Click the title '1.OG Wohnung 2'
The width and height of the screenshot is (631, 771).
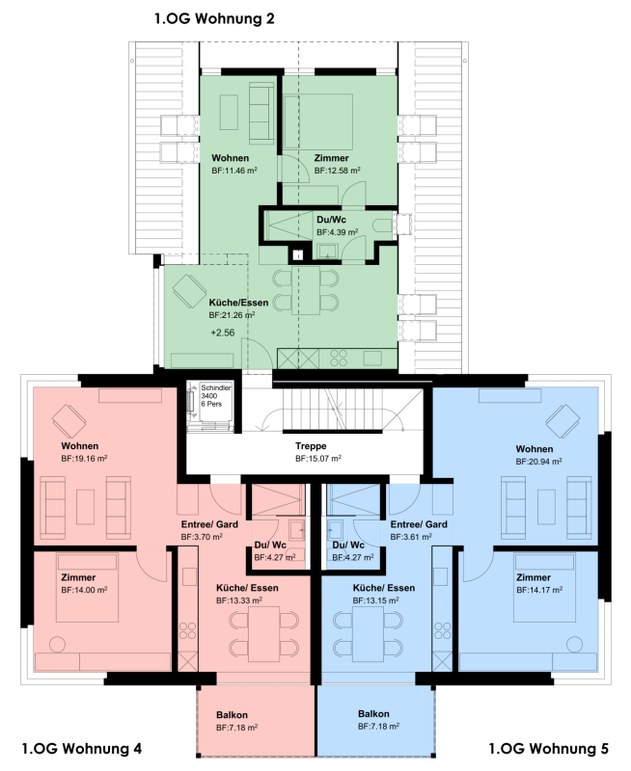[x=214, y=18]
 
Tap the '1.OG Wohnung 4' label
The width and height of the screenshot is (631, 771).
[x=82, y=749]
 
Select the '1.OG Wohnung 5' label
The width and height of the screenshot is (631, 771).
[x=548, y=749]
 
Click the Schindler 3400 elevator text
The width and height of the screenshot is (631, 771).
[x=215, y=396]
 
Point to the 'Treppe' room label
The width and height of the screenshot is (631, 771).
[x=311, y=446]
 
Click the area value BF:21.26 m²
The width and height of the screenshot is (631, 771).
[x=232, y=315]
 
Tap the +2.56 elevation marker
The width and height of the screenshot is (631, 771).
[x=223, y=332]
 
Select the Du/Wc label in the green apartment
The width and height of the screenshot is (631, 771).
[x=331, y=220]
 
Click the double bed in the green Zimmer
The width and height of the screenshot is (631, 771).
[x=319, y=121]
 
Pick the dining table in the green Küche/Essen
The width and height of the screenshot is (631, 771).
[x=306, y=290]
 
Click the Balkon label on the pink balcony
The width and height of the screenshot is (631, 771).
[x=232, y=715]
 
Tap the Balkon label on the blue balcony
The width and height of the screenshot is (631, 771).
[x=373, y=714]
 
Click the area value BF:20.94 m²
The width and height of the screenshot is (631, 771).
[x=539, y=462]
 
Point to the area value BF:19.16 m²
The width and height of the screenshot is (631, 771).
[x=84, y=459]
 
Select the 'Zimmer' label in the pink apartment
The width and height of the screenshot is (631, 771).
[x=78, y=577]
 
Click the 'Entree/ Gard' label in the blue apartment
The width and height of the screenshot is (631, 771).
[x=419, y=524]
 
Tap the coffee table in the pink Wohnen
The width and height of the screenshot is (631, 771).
[x=85, y=507]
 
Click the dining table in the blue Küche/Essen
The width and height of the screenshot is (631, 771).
[x=368, y=634]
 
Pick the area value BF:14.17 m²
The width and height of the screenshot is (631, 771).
[x=539, y=590]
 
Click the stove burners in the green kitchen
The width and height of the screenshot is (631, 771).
[x=339, y=358]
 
